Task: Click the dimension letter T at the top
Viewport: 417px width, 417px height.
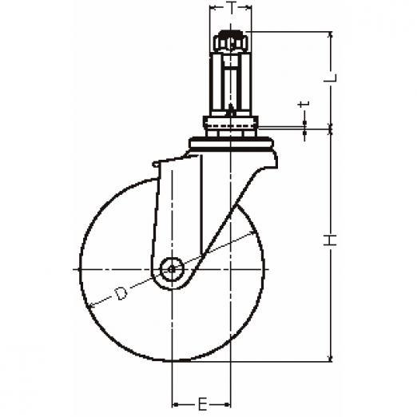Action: (x=231, y=7)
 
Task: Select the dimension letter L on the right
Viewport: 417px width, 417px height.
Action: (x=330, y=77)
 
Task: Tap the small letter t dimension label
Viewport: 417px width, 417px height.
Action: (x=304, y=104)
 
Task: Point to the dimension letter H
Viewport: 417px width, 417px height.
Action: (x=330, y=240)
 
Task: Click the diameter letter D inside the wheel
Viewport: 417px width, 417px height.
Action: (x=121, y=293)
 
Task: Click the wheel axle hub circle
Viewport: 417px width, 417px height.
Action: (x=172, y=269)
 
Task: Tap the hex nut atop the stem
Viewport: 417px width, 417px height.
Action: (x=231, y=42)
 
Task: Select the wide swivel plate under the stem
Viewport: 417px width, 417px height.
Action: (x=231, y=143)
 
